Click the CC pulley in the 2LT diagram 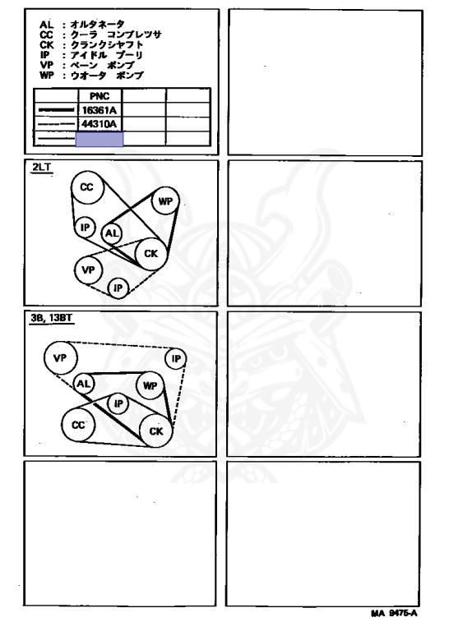pos(88,187)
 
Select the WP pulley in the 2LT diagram pos(165,200)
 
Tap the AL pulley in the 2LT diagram pos(112,233)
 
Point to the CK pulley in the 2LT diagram pos(151,254)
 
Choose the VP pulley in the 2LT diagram pos(88,270)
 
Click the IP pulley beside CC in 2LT pos(85,228)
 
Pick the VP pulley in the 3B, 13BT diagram pos(60,357)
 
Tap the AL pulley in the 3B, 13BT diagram pos(83,384)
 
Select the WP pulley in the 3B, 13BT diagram pos(150,385)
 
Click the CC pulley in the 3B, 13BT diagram pos(78,426)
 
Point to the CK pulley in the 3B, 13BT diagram pos(156,431)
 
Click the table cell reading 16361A pos(100,110)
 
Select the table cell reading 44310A pos(100,124)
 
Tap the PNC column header pos(100,96)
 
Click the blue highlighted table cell pos(100,139)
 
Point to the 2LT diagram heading pos(41,167)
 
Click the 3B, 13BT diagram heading pos(52,318)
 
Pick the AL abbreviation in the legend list pos(46,25)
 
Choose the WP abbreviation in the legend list pos(46,76)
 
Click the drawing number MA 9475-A pos(394,613)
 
